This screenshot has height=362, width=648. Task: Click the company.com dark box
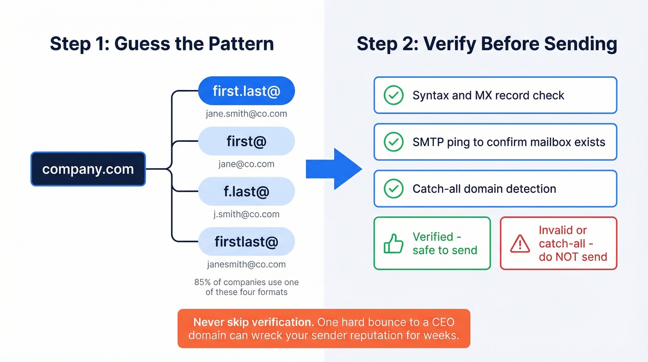(x=88, y=169)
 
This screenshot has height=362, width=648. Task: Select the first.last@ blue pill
(x=246, y=91)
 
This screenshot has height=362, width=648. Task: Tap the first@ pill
(x=246, y=141)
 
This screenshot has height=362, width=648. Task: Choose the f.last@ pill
(x=246, y=191)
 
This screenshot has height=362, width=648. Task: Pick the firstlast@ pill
(x=246, y=241)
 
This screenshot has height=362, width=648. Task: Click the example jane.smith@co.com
(x=246, y=114)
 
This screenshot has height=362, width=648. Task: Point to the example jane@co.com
(x=246, y=164)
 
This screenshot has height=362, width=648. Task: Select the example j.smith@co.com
(x=246, y=214)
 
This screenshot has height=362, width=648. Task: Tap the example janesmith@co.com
(x=246, y=265)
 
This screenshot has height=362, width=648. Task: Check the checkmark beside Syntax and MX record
(x=393, y=95)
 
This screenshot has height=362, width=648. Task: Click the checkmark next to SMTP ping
(x=393, y=142)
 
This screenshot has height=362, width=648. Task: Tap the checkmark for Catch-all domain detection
(x=393, y=189)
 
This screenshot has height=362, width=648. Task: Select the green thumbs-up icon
(x=393, y=244)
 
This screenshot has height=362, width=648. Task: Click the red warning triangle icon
(x=520, y=244)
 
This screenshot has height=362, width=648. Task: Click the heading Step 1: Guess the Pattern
(x=162, y=44)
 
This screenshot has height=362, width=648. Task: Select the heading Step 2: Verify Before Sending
(x=486, y=44)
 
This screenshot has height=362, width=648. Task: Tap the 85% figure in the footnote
(x=202, y=282)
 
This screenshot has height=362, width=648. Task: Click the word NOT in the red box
(x=573, y=256)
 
